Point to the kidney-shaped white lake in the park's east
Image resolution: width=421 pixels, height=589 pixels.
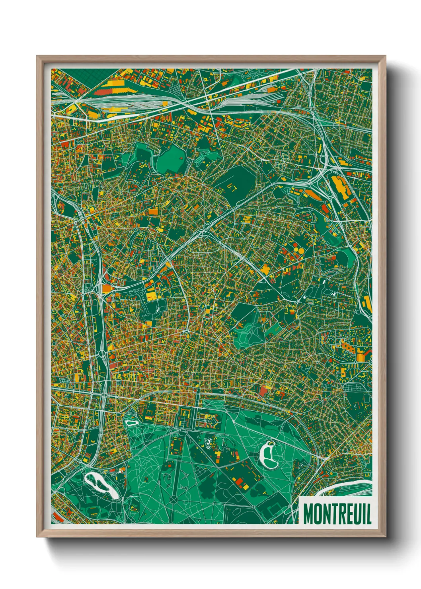269,456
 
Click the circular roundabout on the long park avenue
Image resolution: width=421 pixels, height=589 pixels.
174,499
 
